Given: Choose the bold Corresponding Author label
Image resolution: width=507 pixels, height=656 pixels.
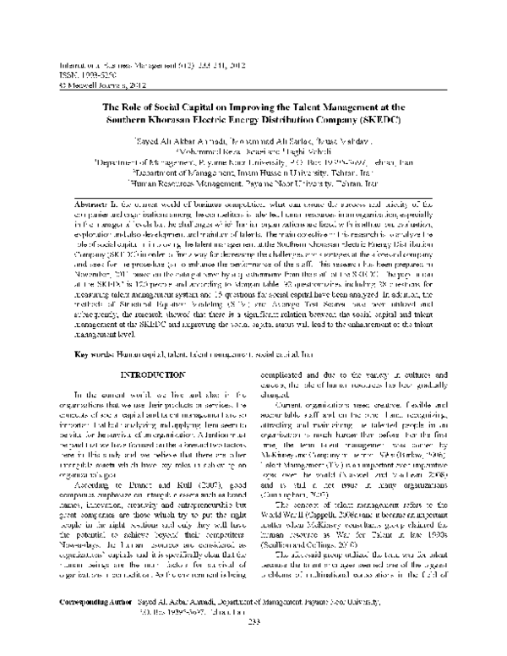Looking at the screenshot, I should coord(82,629).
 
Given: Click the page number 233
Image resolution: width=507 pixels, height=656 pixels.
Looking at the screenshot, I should coord(253,648).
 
